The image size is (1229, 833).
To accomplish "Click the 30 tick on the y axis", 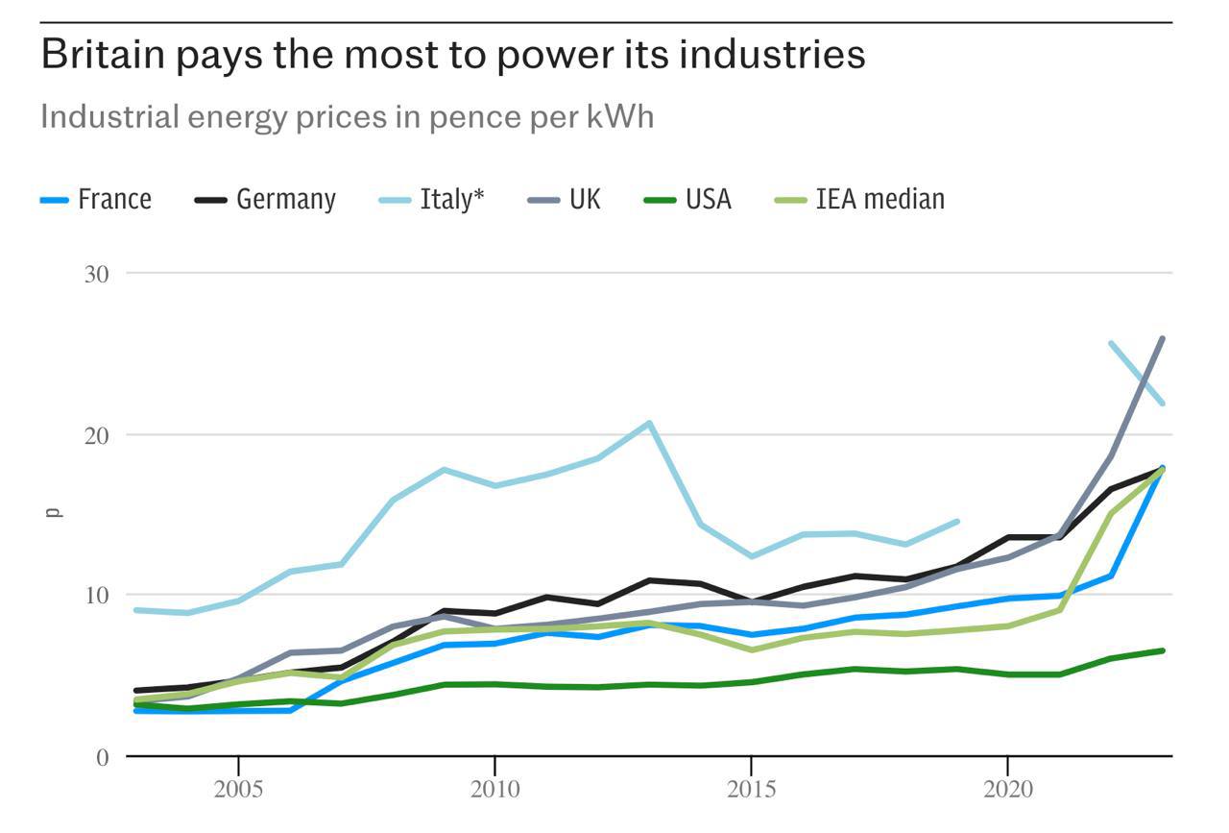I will click(96, 274).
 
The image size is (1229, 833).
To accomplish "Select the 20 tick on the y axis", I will click(96, 435).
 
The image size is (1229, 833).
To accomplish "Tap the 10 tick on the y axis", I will click(96, 596).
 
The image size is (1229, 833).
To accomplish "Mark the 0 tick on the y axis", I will click(103, 757).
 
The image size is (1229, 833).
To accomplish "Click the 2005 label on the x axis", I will click(238, 790).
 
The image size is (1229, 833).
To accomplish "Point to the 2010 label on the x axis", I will click(494, 790).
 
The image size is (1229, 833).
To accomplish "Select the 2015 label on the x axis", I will click(751, 790).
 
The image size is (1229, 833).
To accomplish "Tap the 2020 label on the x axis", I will click(1007, 790).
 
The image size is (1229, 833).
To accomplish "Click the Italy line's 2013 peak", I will click(649, 423).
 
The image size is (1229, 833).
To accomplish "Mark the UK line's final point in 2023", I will click(1162, 339).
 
